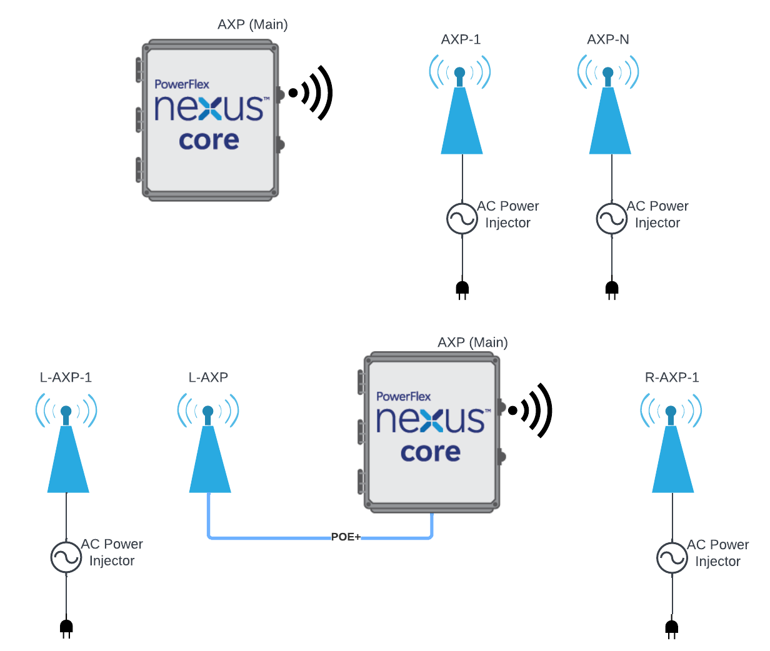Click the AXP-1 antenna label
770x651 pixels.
pos(461,39)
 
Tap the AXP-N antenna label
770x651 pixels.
pos(607,39)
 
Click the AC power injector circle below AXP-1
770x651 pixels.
pos(462,219)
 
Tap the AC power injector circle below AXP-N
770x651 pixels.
pos(611,219)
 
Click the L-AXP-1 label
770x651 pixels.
pos(66,377)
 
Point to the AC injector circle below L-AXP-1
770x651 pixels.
pos(66,557)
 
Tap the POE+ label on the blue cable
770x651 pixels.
pos(346,537)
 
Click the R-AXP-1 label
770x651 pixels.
pos(672,377)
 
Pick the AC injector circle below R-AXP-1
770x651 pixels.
pos(672,557)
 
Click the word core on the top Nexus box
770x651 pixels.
pos(209,141)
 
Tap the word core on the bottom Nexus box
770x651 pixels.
pos(431,452)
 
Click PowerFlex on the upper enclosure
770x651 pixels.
pos(182,84)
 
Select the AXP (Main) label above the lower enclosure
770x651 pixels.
pos(472,342)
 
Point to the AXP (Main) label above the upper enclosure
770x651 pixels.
pos(252,24)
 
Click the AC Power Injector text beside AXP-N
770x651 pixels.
pos(657,214)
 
